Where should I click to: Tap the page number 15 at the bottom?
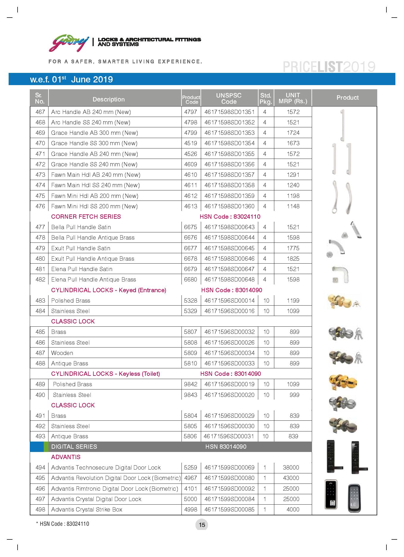pos(202,525)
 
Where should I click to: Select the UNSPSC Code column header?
pos(229,98)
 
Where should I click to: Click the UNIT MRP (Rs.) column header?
pos(293,98)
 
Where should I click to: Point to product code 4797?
pos(190,112)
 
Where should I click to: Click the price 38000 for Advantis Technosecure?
pos(291,467)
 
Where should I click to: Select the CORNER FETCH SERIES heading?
pos(86,217)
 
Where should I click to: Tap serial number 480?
pos(40,259)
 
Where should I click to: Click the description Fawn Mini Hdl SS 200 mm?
pos(94,206)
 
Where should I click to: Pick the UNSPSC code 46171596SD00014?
pos(229,301)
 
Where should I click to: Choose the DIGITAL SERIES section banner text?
pos(74,447)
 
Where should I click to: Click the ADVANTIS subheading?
pos(66,457)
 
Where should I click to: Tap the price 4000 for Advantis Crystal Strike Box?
pos(293,509)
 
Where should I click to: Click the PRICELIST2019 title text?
pos(329,67)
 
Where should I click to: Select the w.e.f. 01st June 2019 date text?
pos(71,79)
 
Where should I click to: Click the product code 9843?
pos(190,395)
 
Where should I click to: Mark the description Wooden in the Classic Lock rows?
pos(62,353)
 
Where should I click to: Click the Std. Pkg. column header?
pos(266,98)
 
